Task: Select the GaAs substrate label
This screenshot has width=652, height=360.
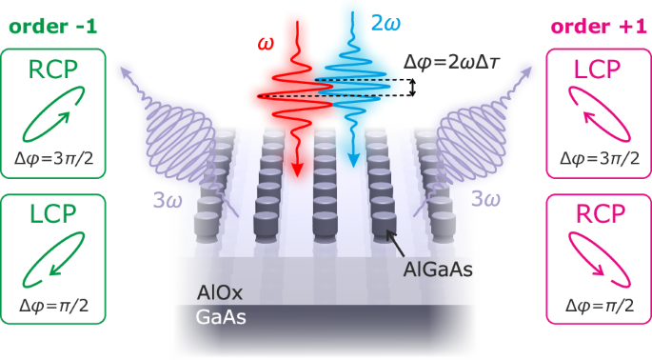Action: [218, 318]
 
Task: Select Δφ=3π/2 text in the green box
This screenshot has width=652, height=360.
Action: [52, 159]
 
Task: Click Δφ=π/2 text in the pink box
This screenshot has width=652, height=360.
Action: [599, 305]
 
